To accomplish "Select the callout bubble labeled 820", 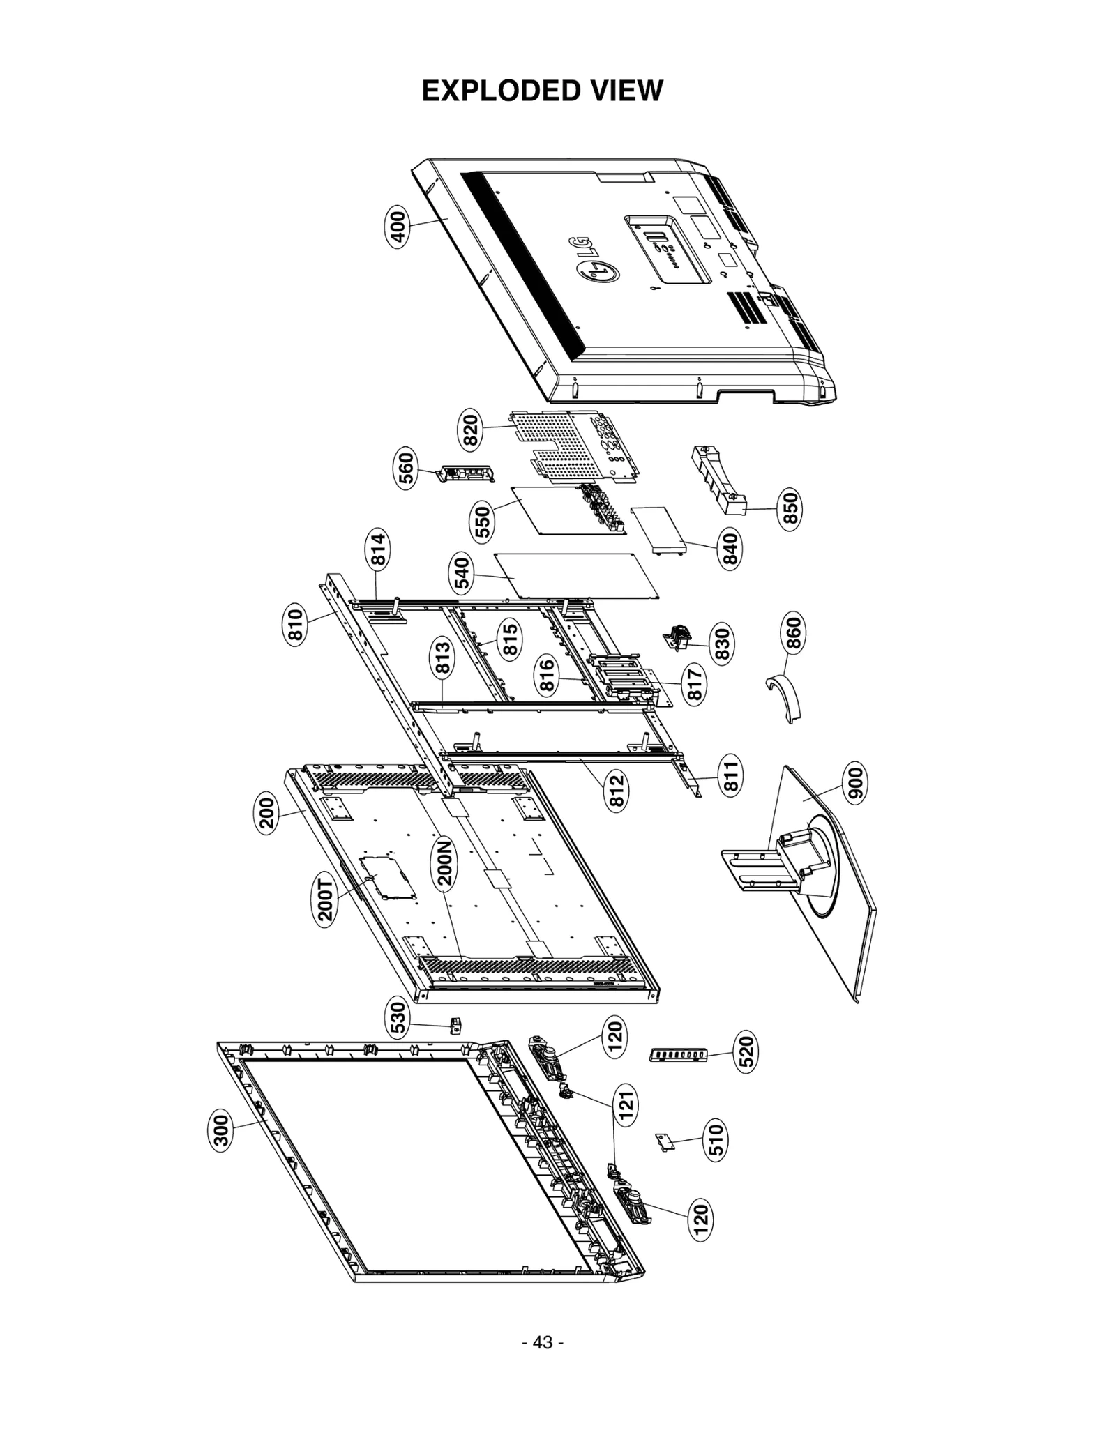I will pyautogui.click(x=471, y=430).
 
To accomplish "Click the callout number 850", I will pyautogui.click(x=790, y=510).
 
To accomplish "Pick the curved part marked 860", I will pyautogui.click(x=785, y=697).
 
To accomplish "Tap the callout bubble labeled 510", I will pyautogui.click(x=715, y=1139).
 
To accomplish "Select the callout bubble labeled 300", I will pyautogui.click(x=220, y=1131).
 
